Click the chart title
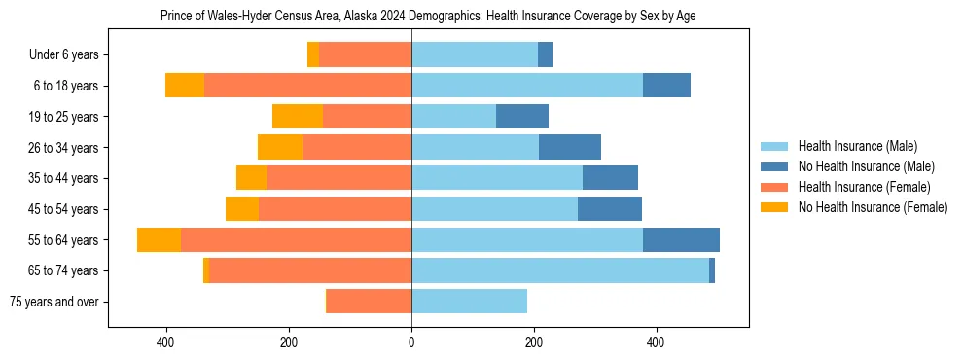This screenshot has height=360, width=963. tap(428, 16)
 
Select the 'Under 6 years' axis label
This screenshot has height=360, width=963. tap(69, 55)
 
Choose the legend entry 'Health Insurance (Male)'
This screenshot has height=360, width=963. tap(857, 146)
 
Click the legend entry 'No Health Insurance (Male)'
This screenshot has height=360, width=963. tap(866, 166)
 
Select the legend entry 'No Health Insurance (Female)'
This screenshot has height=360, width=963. tap(873, 207)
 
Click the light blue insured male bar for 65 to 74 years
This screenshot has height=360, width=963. tap(559, 270)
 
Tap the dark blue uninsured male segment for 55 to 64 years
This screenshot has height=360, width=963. tap(681, 239)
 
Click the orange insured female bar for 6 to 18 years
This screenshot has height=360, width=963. tap(307, 86)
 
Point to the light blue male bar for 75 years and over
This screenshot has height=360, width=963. tap(469, 302)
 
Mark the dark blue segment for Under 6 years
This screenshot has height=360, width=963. tap(545, 55)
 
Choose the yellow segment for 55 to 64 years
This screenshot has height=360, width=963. tap(159, 239)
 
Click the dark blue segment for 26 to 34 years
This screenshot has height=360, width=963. tap(570, 148)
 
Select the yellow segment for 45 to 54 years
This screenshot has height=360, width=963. tap(242, 209)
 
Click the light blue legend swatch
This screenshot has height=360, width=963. tap(775, 146)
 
